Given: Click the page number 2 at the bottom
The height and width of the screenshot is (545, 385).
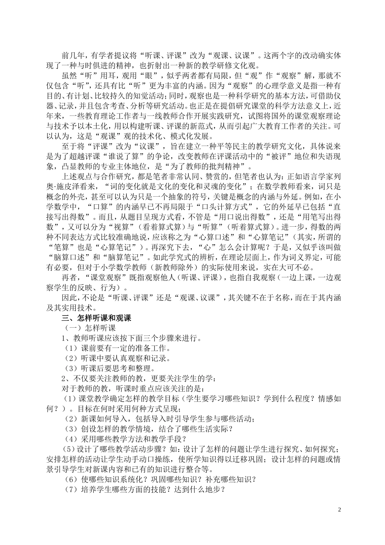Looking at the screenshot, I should tap(340, 509).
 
